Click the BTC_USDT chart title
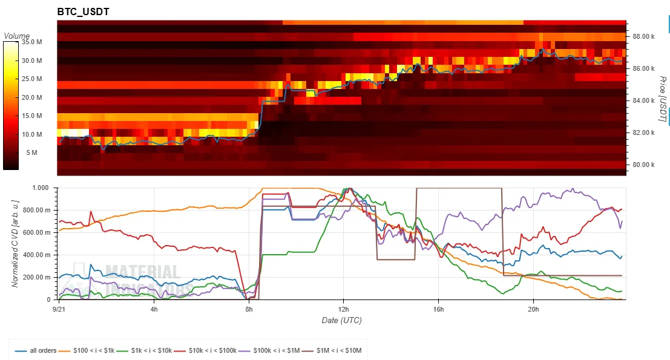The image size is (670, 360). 84,11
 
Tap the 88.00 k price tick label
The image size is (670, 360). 643,37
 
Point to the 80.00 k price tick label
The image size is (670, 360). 643,165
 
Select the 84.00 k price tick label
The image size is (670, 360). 643,101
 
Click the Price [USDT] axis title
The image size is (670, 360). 663,99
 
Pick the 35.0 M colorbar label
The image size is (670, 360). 31,42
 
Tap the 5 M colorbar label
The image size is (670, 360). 31,152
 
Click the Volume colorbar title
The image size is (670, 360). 17,36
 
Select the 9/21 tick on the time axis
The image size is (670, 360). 59,309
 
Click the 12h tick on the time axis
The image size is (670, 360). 343,309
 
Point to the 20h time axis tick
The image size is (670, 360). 533,309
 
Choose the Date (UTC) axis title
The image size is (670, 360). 342,320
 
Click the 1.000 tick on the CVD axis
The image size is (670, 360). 41,188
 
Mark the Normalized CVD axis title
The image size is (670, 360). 15,243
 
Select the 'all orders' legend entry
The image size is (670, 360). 36,350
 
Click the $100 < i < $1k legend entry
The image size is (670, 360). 87,350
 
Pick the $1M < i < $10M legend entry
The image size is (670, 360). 332,350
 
